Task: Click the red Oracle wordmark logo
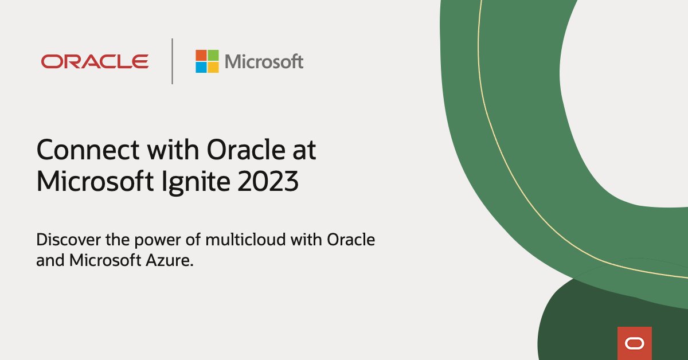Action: point(95,61)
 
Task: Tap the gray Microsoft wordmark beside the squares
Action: point(264,61)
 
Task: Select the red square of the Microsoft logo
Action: point(201,55)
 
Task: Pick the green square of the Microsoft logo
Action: point(213,55)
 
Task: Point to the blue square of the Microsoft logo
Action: point(201,67)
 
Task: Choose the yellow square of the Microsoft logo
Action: point(213,67)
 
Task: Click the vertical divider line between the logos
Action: point(172,61)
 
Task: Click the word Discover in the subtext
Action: point(62,240)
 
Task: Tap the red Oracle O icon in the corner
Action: point(635,343)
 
